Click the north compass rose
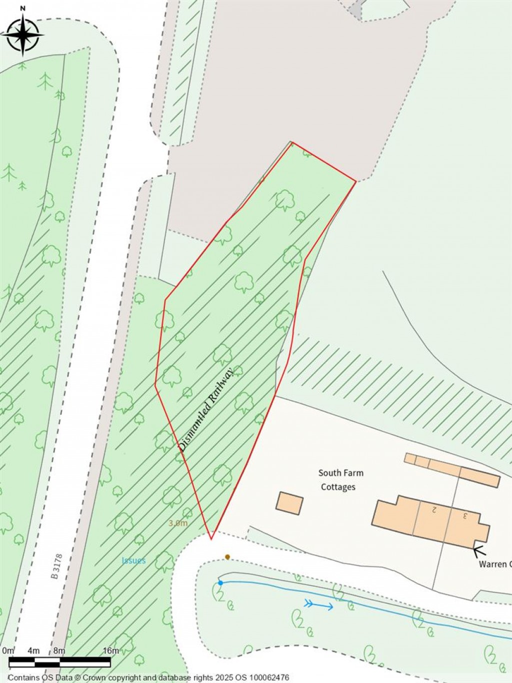(23, 34)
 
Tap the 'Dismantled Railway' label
(206, 410)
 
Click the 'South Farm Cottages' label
(340, 480)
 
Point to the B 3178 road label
(56, 566)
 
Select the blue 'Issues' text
(133, 560)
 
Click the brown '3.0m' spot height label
(178, 523)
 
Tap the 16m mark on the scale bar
(111, 651)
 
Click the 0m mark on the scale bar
(8, 651)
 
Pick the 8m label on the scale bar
(59, 651)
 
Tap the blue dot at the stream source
(220, 583)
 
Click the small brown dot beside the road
(227, 557)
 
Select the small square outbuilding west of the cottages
(289, 503)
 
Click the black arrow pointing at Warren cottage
(479, 551)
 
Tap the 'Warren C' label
(495, 564)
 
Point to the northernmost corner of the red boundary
(292, 143)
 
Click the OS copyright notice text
(148, 677)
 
